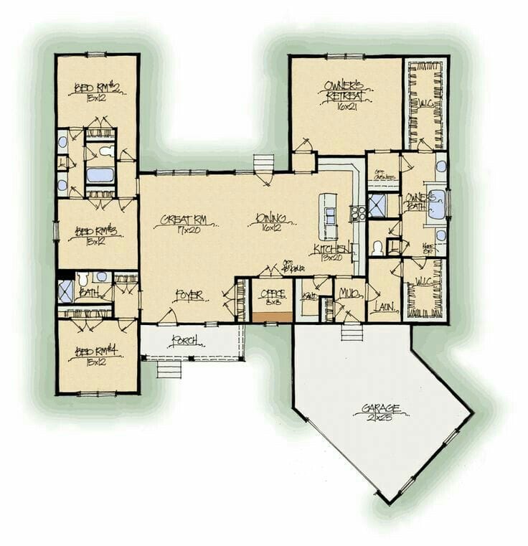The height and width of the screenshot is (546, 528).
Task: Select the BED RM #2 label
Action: [x=97, y=88]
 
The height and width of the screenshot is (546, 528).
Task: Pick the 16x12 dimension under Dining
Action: [x=270, y=229]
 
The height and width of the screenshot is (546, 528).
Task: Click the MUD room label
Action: [x=349, y=293]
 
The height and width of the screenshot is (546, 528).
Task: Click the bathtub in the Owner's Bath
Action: [x=437, y=204]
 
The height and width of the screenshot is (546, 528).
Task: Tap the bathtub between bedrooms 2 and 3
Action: [x=100, y=174]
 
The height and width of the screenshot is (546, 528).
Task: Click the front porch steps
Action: [x=169, y=369]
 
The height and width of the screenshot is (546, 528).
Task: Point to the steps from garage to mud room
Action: [x=352, y=332]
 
